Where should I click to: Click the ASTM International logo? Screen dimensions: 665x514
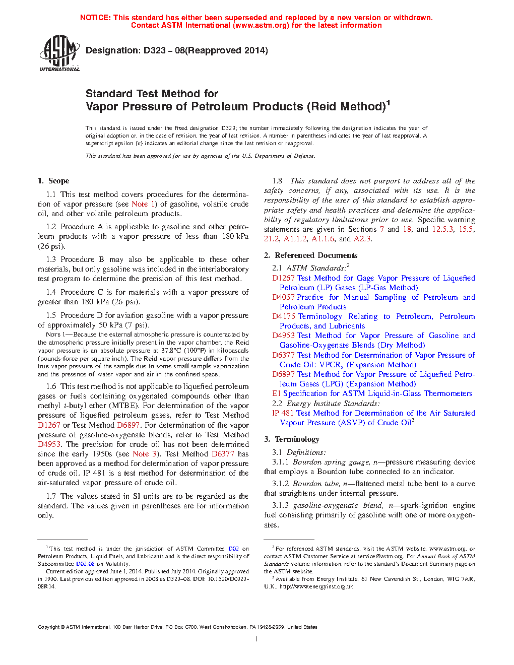click(x=59, y=53)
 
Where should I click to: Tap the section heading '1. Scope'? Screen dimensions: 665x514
click(x=53, y=181)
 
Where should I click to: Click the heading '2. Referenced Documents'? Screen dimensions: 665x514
click(x=311, y=255)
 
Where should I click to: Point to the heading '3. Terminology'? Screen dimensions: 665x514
click(x=292, y=439)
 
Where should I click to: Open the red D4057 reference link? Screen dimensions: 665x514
click(x=283, y=297)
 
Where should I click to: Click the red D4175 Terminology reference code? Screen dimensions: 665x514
click(x=283, y=316)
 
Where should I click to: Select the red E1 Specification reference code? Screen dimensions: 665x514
click(x=276, y=393)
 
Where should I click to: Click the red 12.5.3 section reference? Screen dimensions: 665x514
click(x=442, y=229)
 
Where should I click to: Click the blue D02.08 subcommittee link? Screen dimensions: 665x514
click(x=85, y=564)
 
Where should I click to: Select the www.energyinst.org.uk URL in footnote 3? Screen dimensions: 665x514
click(x=317, y=586)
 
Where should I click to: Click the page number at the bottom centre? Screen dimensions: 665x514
click(x=256, y=639)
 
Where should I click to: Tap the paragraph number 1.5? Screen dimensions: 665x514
click(x=51, y=315)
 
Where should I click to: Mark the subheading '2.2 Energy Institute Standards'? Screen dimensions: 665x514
click(x=326, y=404)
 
